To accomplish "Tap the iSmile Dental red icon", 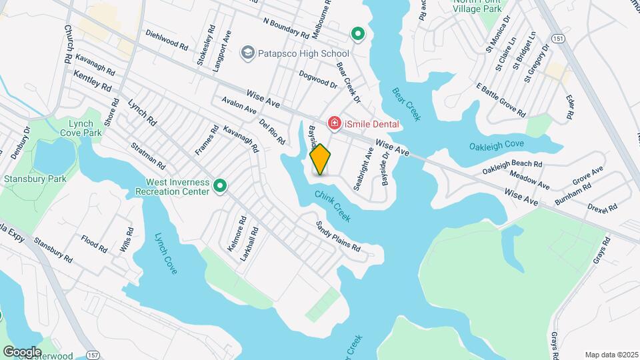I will (333, 123).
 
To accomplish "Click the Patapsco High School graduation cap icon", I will (247, 52).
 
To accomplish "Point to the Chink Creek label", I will (332, 203).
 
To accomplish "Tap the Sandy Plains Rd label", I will (338, 237).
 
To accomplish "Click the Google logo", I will (23, 351).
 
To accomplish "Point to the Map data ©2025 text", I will (611, 355).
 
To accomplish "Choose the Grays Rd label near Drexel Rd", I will (600, 250).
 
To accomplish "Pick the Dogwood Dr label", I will (318, 79).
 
